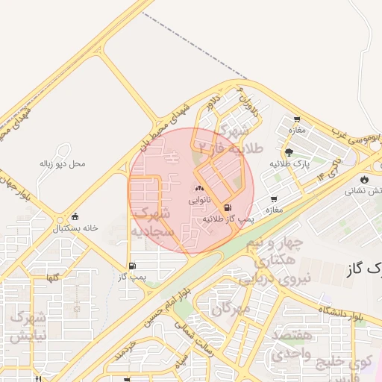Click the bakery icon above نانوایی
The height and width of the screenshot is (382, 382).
[x=199, y=189]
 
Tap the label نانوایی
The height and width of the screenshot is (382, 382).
[x=199, y=201]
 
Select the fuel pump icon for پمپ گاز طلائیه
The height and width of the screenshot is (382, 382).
[x=227, y=208]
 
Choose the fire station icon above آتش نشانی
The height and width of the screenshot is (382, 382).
[x=364, y=179]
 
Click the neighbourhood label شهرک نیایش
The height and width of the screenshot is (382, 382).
[x=28, y=327]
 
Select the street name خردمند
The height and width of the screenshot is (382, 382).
[x=128, y=351]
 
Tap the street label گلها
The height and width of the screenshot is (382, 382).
[x=52, y=278]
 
